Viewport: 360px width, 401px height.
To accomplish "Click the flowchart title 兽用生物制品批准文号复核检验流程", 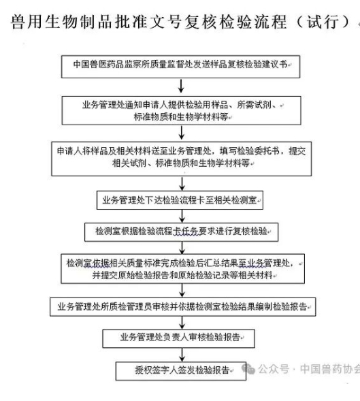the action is (x=149, y=22).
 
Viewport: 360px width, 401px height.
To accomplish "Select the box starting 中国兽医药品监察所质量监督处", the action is (x=180, y=67).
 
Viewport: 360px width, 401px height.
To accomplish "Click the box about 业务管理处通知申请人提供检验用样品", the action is (x=181, y=110).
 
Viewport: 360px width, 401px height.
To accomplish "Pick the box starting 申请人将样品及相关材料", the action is (x=181, y=159).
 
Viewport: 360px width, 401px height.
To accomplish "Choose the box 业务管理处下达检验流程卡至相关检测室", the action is (x=180, y=200).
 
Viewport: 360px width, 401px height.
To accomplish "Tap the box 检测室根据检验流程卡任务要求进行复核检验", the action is (x=181, y=232).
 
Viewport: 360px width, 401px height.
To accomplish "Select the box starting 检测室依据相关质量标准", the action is (x=182, y=268).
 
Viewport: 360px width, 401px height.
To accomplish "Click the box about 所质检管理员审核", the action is (x=182, y=306).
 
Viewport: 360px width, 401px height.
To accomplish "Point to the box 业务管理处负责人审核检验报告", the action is (x=178, y=338).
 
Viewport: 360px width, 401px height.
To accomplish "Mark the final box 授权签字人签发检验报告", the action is (x=181, y=371).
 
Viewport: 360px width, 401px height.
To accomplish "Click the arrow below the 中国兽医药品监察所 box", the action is (x=181, y=86).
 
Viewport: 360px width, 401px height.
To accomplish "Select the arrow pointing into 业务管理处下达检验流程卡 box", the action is (x=182, y=184).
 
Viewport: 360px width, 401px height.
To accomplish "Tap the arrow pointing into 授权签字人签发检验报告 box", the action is (x=182, y=355).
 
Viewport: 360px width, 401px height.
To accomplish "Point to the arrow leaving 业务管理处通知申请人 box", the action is (x=181, y=133).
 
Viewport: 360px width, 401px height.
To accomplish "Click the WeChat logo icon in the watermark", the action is (x=248, y=369).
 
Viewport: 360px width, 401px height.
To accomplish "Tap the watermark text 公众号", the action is (x=274, y=369).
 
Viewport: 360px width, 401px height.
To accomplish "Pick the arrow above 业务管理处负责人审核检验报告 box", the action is (x=182, y=323).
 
